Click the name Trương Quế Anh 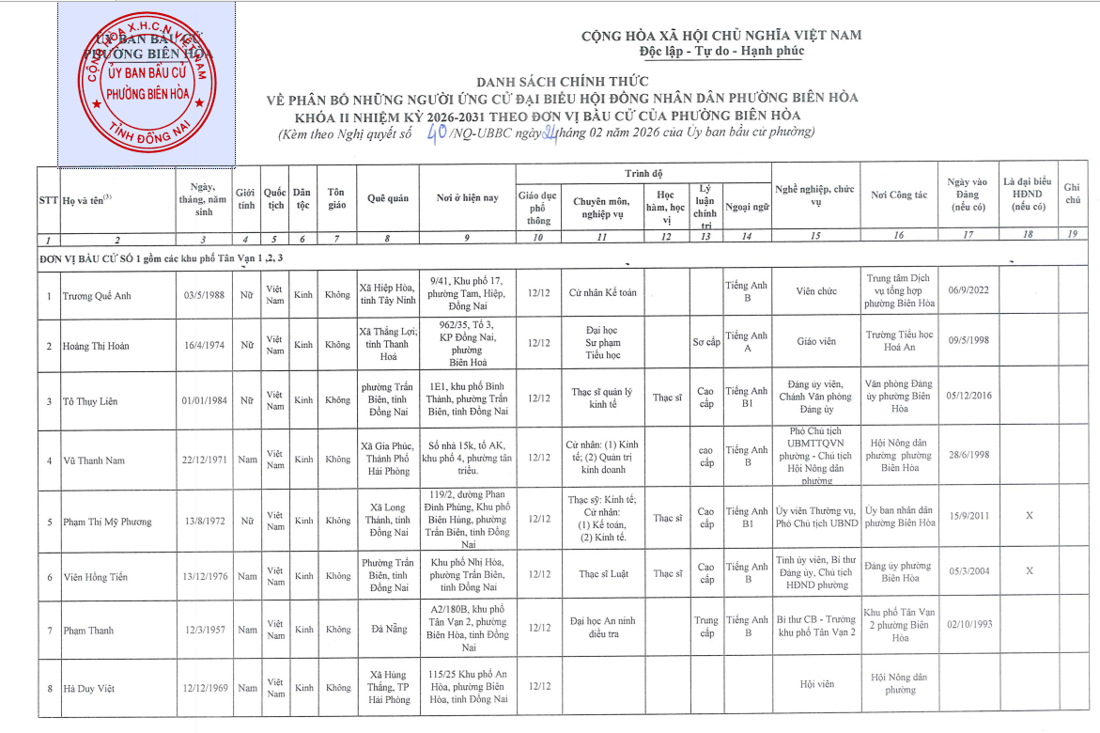click(97, 296)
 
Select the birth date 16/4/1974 click(204, 346)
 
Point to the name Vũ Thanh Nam click(94, 460)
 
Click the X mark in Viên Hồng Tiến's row click(1029, 570)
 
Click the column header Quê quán click(387, 198)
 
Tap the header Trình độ click(643, 174)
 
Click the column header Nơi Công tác click(899, 195)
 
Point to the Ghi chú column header click(1072, 194)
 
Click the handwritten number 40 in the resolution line click(436, 134)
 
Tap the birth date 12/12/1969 click(204, 688)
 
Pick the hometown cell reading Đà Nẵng click(388, 629)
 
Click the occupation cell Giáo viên click(815, 341)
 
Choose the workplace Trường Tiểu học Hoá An click(899, 340)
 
